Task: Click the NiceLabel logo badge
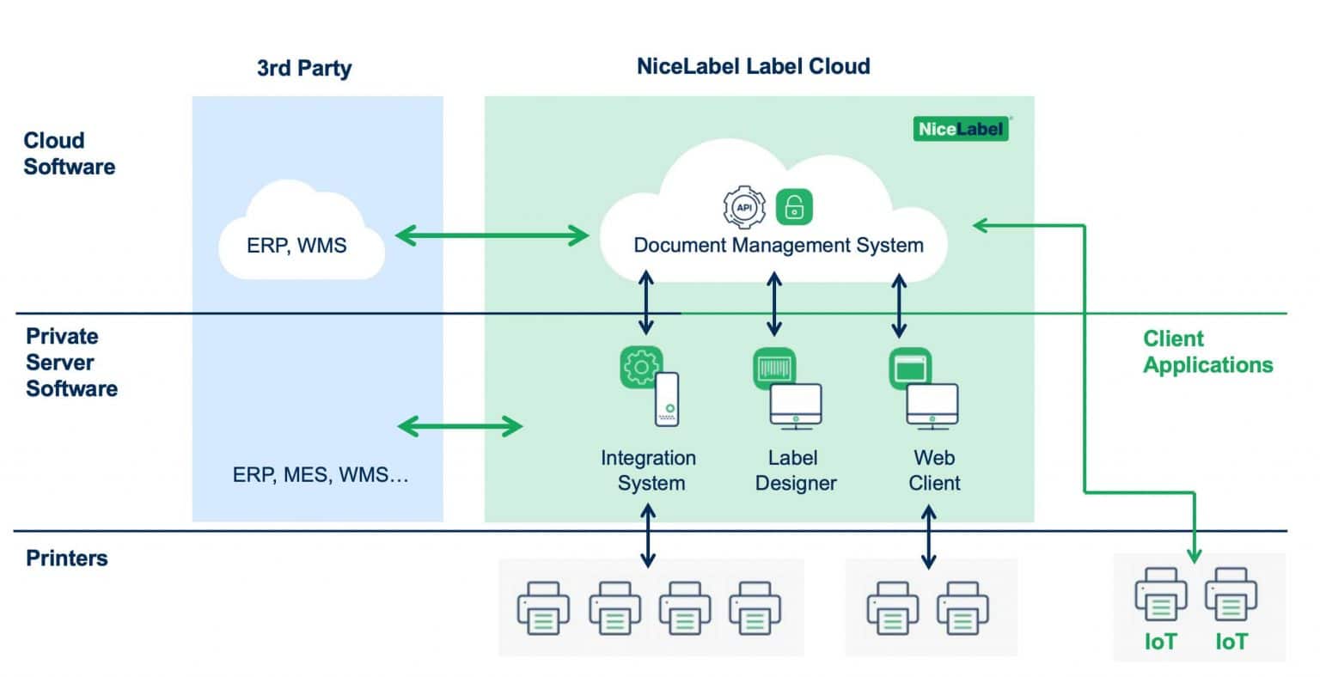pyautogui.click(x=961, y=129)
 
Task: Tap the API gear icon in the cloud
pyautogui.click(x=744, y=207)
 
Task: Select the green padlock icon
pyautogui.click(x=795, y=207)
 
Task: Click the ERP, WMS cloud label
pyautogui.click(x=296, y=246)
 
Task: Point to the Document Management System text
pyautogui.click(x=779, y=245)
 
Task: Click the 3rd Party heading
pyautogui.click(x=304, y=69)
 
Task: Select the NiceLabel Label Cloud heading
pyautogui.click(x=753, y=67)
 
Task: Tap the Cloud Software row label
pyautogui.click(x=69, y=154)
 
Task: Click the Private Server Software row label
pyautogui.click(x=71, y=363)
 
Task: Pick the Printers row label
pyautogui.click(x=67, y=558)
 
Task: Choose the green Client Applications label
pyautogui.click(x=1207, y=352)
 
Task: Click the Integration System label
pyautogui.click(x=649, y=470)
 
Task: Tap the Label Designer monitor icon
pyautogui.click(x=795, y=406)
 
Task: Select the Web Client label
pyautogui.click(x=934, y=470)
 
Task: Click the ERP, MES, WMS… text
pyautogui.click(x=321, y=475)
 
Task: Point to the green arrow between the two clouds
pyautogui.click(x=492, y=235)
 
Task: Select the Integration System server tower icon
pyautogui.click(x=668, y=399)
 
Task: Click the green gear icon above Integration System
pyautogui.click(x=641, y=367)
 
